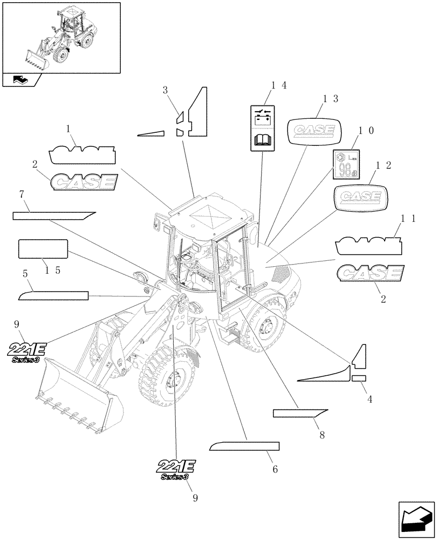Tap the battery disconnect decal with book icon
click(x=263, y=127)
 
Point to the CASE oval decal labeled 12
click(x=360, y=197)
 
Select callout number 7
click(x=22, y=194)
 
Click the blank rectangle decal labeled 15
click(x=43, y=249)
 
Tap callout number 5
click(x=25, y=274)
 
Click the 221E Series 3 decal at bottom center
click(x=176, y=468)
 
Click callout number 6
click(x=275, y=469)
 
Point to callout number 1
click(x=69, y=129)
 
